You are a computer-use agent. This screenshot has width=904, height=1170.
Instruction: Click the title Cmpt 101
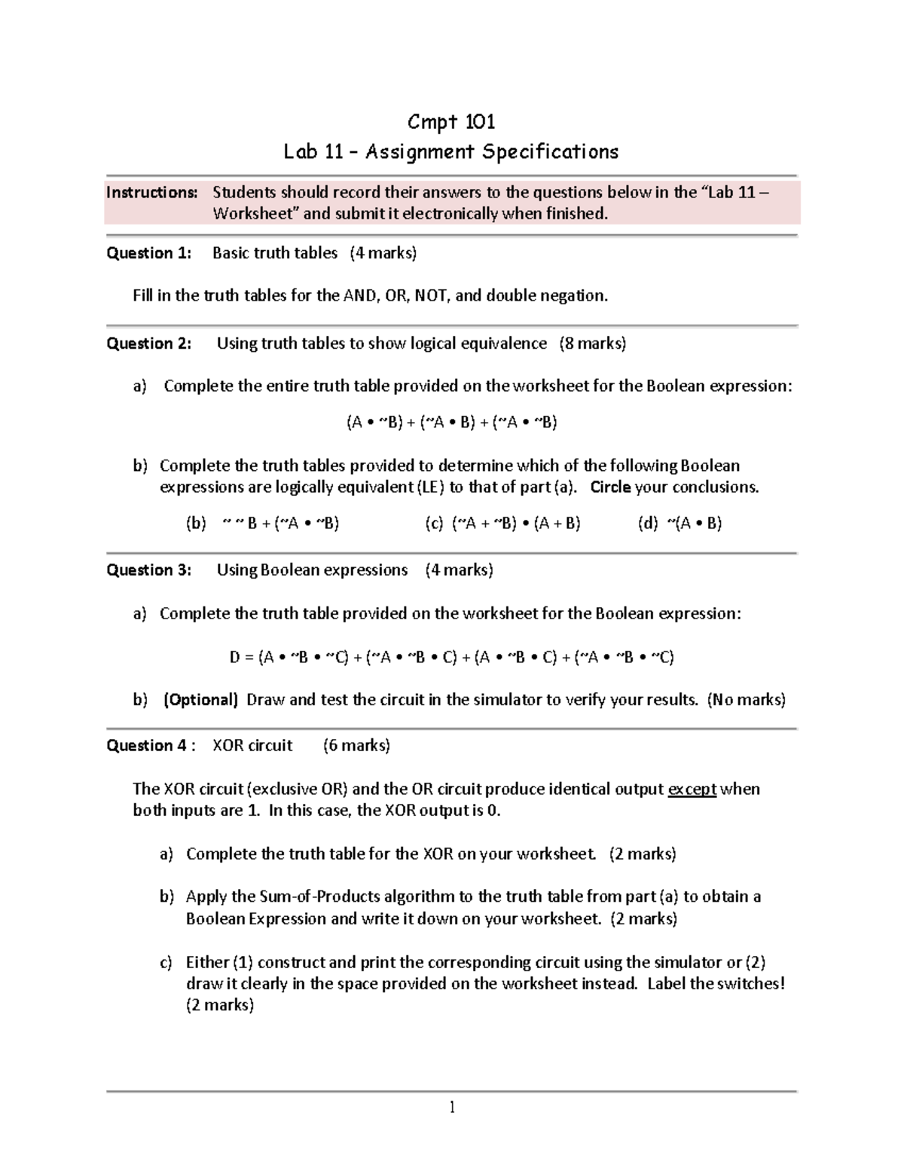click(450, 121)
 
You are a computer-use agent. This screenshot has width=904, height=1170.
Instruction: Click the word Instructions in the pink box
click(151, 192)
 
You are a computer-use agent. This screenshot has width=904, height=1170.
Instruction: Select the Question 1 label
click(148, 253)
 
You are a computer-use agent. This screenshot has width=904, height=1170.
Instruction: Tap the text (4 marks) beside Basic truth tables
click(383, 253)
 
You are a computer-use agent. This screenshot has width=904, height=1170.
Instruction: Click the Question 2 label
click(148, 344)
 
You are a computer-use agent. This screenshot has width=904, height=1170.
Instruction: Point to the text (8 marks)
click(592, 344)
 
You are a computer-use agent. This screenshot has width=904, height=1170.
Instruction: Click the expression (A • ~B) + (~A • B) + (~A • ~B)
click(451, 422)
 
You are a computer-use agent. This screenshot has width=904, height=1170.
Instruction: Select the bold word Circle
click(610, 487)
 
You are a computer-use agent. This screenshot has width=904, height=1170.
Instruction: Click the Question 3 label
click(148, 570)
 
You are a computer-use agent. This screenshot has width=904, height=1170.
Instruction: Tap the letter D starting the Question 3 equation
click(234, 658)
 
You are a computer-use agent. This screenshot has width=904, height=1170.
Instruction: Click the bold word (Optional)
click(200, 700)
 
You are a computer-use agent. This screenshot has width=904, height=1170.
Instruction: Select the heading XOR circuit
click(252, 746)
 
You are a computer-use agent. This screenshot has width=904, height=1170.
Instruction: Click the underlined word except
click(692, 790)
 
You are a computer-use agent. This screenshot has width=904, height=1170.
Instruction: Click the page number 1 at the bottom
click(451, 1107)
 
